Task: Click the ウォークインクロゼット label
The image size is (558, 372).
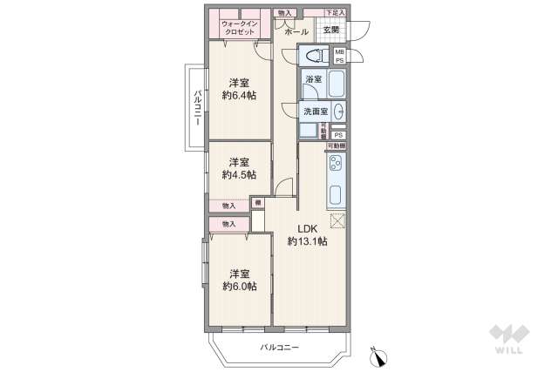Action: pyautogui.click(x=238, y=26)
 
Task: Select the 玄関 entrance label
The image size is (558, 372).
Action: pyautogui.click(x=331, y=30)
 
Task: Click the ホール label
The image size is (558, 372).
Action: pyautogui.click(x=296, y=31)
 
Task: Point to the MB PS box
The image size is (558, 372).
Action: pyautogui.click(x=340, y=57)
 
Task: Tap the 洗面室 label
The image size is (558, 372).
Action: pyautogui.click(x=315, y=112)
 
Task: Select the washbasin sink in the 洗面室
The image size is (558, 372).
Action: pyautogui.click(x=339, y=112)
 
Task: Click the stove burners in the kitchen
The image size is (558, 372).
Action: pyautogui.click(x=337, y=165)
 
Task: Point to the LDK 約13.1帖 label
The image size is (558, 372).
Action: pyautogui.click(x=310, y=235)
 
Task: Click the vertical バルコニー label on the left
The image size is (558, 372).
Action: pyautogui.click(x=198, y=109)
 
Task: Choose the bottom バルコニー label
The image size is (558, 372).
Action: pyautogui.click(x=279, y=348)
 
